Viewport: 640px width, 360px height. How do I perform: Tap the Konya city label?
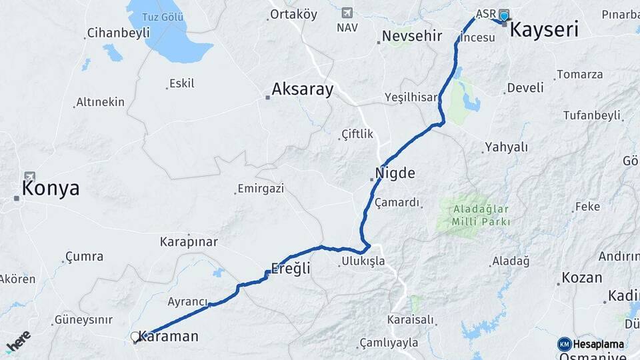51,189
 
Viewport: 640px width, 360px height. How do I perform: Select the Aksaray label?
302,89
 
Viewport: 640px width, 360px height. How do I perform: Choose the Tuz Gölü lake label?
163,17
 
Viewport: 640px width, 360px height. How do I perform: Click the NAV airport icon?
347,13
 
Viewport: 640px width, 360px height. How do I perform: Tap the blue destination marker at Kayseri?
504,17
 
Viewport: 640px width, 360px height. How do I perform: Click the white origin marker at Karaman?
135,337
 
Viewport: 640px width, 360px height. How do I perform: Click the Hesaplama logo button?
591,344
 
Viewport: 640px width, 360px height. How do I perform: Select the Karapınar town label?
185,241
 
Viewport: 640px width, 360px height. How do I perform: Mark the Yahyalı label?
506,147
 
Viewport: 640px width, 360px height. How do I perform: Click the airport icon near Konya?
30,177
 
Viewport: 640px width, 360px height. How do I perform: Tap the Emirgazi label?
261,189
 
